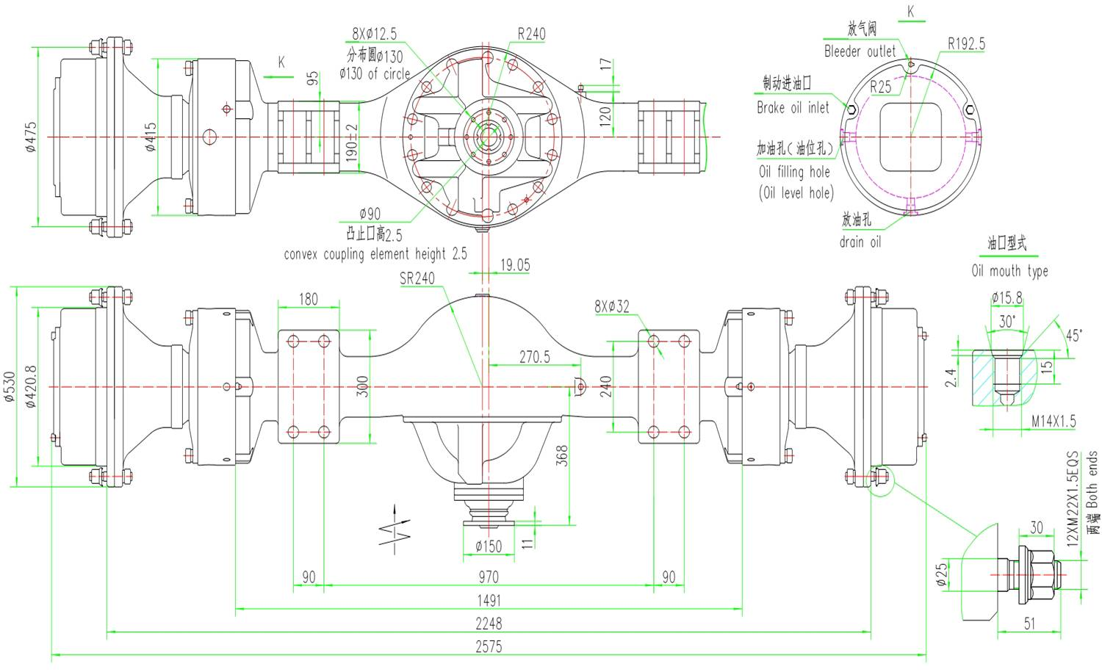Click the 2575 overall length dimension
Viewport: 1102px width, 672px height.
point(489,646)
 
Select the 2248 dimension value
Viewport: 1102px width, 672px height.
point(489,624)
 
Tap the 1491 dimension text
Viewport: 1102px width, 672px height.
point(489,601)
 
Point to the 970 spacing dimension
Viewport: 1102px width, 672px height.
point(488,577)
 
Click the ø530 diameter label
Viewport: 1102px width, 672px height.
point(10,386)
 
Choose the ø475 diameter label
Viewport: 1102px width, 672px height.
point(31,137)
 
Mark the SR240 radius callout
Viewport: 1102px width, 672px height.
point(417,278)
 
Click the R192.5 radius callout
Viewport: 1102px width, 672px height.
point(966,43)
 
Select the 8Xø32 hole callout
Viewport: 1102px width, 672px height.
point(612,307)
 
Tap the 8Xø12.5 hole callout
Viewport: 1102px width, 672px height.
point(374,34)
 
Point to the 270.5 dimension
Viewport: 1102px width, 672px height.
point(534,357)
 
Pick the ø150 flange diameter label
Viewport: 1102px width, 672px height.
point(489,546)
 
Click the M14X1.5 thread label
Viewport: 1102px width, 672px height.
point(1053,421)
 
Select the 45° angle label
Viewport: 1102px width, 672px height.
point(1074,336)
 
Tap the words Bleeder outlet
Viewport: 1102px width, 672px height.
point(860,51)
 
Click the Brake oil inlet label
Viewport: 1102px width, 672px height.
point(793,107)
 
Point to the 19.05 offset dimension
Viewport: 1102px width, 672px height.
point(515,265)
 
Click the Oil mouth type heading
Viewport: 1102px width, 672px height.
point(1009,271)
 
